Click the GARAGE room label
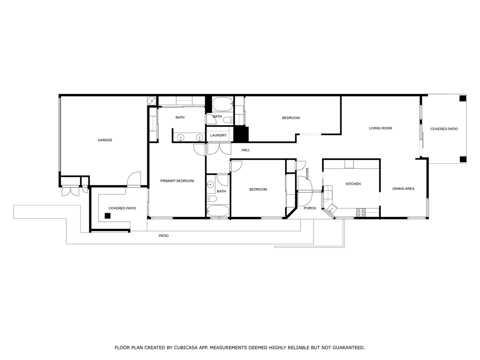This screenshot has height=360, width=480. pyautogui.click(x=105, y=140)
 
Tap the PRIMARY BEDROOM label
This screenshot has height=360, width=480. pyautogui.click(x=177, y=181)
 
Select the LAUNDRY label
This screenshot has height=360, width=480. pyautogui.click(x=218, y=135)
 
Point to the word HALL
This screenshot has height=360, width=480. pyautogui.click(x=246, y=150)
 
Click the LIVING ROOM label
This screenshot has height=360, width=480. pyautogui.click(x=381, y=128)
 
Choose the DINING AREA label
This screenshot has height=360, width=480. pyautogui.click(x=403, y=189)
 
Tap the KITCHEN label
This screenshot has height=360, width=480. pyautogui.click(x=353, y=184)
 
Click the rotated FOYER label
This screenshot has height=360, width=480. pyautogui.click(x=307, y=173)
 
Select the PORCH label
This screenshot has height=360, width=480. pyautogui.click(x=310, y=208)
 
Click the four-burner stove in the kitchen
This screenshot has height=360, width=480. pyautogui.click(x=361, y=212)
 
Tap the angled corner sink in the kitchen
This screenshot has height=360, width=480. pyautogui.click(x=331, y=209)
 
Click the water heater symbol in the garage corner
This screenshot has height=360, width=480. pyautogui.click(x=151, y=100)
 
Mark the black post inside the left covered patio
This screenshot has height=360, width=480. pyautogui.click(x=107, y=216)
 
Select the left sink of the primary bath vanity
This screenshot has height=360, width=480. pyautogui.click(x=180, y=137)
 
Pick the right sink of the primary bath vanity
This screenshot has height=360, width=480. pyautogui.click(x=200, y=137)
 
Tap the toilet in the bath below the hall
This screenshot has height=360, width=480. pyautogui.click(x=211, y=199)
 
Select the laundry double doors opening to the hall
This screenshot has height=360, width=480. pyautogui.click(x=219, y=149)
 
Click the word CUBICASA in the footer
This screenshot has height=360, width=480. pyautogui.click(x=186, y=347)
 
